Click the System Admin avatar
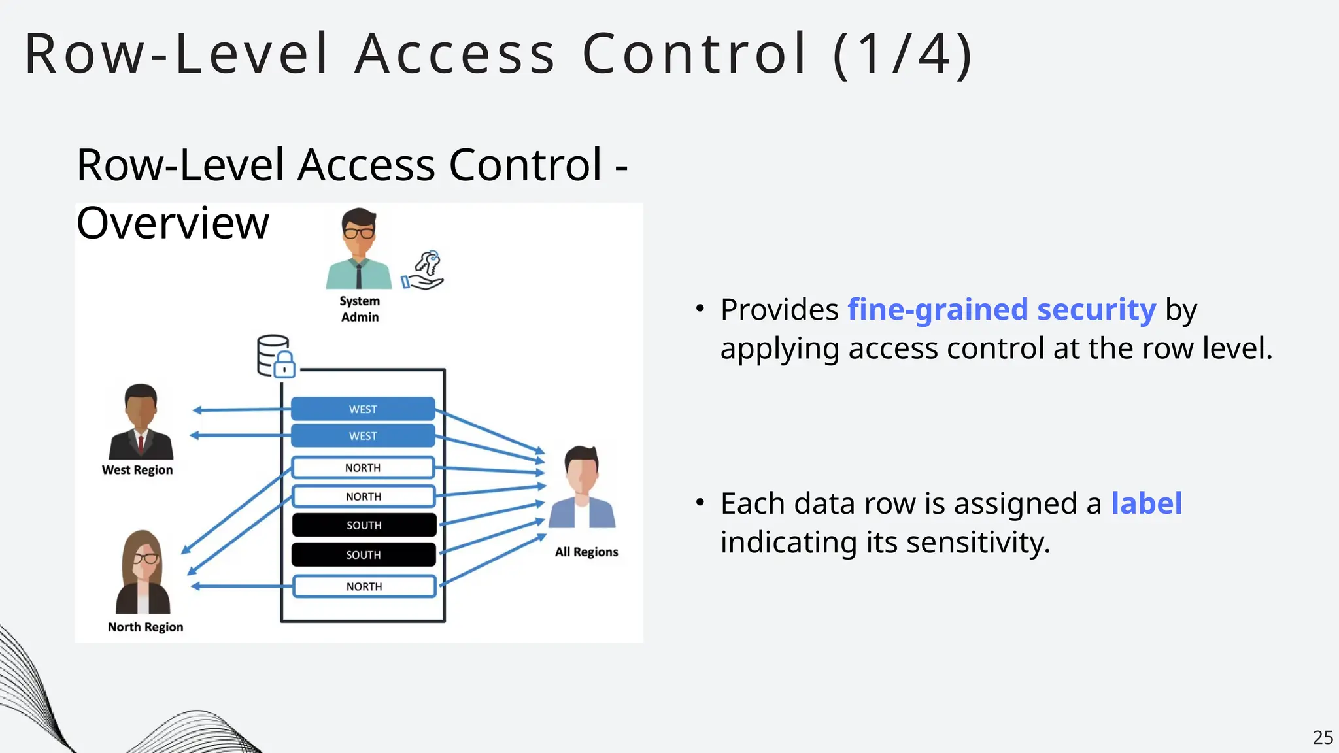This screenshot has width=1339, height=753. click(x=359, y=248)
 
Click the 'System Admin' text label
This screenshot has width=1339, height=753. click(x=360, y=309)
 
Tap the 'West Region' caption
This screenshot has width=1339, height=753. click(x=137, y=470)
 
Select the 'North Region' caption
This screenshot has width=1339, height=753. click(x=145, y=627)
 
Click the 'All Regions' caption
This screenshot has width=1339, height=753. click(x=586, y=552)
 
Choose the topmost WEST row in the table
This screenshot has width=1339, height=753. click(x=363, y=409)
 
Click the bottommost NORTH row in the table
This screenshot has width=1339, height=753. click(x=364, y=586)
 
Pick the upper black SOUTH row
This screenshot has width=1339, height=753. click(x=364, y=525)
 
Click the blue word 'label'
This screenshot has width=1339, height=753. click(x=1147, y=503)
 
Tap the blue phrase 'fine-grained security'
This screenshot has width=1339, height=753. click(x=1002, y=310)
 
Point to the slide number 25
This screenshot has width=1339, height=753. click(x=1323, y=737)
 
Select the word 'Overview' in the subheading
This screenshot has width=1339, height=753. click(x=173, y=224)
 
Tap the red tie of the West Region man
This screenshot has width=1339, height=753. click(x=141, y=444)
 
